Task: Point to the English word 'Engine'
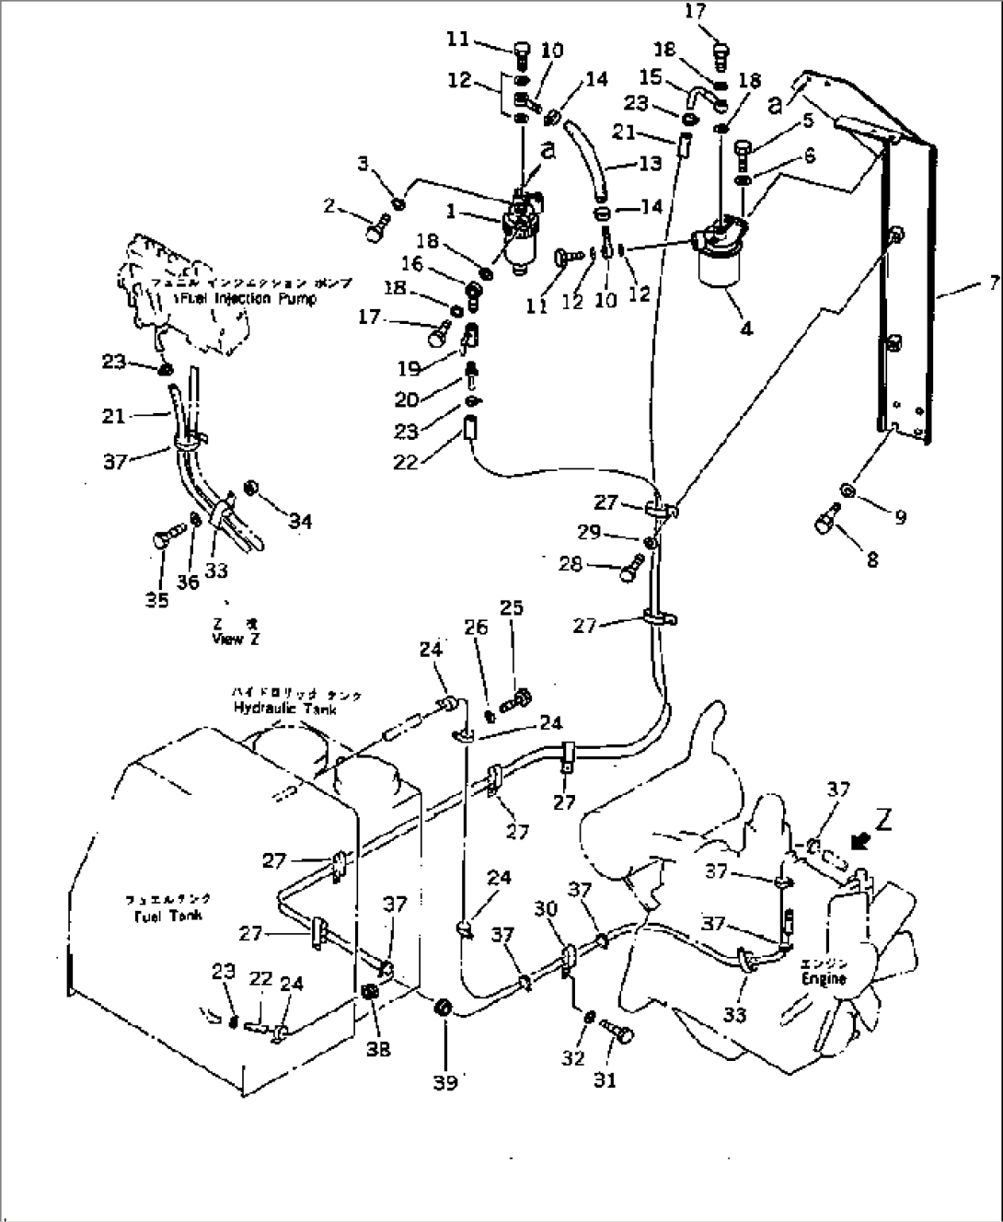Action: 823,979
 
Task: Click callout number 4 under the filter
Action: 745,328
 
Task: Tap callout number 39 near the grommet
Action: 446,1082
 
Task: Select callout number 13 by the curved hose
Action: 650,164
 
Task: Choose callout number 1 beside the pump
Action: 452,212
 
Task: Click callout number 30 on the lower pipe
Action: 548,909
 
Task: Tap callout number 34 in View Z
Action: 300,521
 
